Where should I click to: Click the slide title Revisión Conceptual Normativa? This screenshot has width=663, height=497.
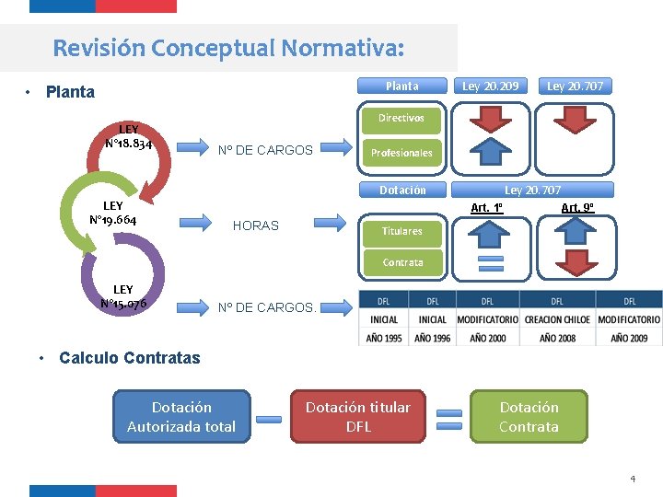(228, 47)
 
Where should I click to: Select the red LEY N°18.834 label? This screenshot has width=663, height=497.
(128, 137)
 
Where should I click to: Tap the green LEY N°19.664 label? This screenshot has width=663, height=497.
(113, 213)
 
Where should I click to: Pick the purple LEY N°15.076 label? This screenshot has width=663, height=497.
(122, 297)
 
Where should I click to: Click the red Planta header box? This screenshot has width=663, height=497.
(402, 86)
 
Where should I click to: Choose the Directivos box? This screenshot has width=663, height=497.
(401, 118)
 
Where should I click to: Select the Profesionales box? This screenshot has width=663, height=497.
(401, 153)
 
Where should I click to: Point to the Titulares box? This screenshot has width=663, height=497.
(402, 231)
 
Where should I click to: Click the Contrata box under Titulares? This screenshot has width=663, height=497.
(402, 262)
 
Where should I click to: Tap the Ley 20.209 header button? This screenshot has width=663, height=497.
(490, 86)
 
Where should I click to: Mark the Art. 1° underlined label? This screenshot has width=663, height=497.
(486, 208)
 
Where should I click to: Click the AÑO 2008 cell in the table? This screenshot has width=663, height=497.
(557, 338)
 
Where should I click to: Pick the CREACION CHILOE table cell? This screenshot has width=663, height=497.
(557, 319)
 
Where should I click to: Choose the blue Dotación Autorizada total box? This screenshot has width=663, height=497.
(181, 417)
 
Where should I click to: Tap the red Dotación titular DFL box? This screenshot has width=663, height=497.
(358, 417)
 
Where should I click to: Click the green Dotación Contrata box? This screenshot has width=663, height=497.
(529, 417)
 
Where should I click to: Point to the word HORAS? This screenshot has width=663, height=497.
(256, 225)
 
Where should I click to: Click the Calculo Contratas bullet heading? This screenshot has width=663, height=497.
(129, 358)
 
